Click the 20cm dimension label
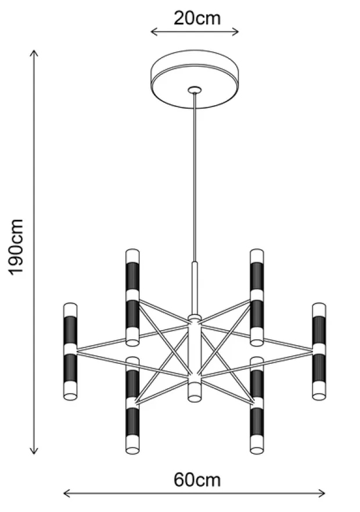tap(197, 19)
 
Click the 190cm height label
tap(16, 248)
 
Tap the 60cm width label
tap(197, 480)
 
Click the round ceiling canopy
tap(195, 79)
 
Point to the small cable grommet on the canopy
tap(195, 90)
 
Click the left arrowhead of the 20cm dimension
tap(154, 32)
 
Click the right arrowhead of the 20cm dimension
tap(236, 32)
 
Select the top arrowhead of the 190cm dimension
tap(34, 53)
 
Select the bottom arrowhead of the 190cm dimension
tap(34, 450)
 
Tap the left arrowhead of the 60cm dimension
tap(67, 493)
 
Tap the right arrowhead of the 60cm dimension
tap(322, 493)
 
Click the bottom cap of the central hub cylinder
tap(195, 391)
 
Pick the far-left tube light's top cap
tap(70, 310)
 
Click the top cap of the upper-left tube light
tap(132, 256)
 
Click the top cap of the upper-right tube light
tap(257, 256)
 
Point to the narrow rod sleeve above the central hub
tap(195, 288)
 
